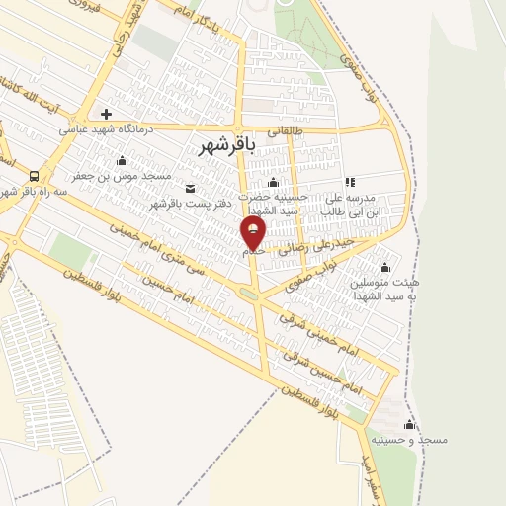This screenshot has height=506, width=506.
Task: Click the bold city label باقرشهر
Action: (227, 146)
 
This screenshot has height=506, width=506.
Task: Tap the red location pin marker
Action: (254, 234)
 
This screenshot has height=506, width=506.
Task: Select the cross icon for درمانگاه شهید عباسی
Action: (107, 112)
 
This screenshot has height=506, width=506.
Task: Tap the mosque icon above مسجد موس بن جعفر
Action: (123, 161)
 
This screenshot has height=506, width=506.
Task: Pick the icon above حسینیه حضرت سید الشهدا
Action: (274, 182)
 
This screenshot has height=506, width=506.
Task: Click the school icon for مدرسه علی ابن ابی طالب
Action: (349, 182)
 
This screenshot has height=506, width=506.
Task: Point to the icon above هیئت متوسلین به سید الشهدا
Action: (384, 267)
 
